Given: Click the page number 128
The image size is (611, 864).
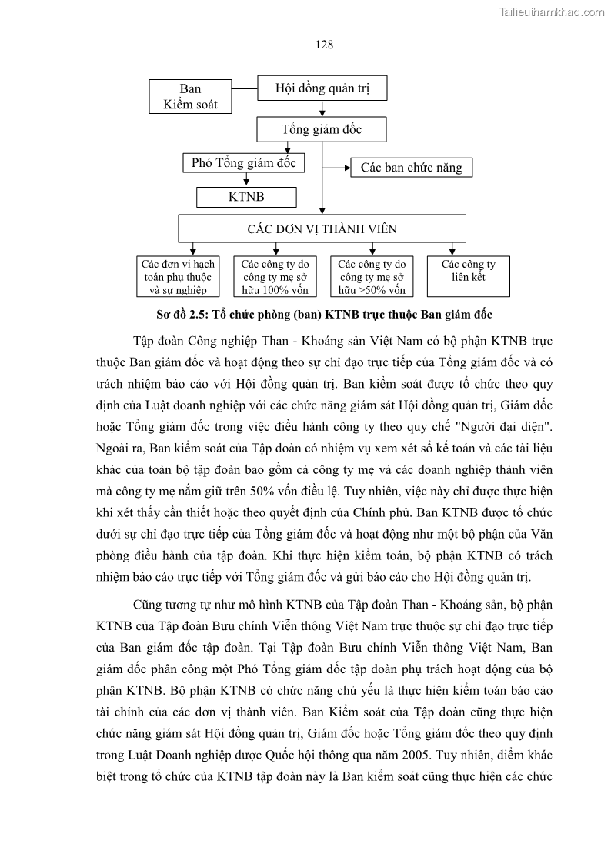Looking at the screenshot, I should [324, 45].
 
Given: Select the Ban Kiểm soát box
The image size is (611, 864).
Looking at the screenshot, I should [190, 96].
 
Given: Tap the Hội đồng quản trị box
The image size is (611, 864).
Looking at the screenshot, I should [322, 88].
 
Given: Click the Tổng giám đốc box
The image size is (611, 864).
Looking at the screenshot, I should [322, 129].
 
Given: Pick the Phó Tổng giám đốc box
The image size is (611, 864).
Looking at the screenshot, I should [244, 163].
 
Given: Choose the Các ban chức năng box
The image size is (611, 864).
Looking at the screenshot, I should [412, 167].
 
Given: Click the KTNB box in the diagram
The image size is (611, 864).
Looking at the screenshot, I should [246, 197].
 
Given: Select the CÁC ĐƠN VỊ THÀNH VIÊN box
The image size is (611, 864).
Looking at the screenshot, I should [322, 229].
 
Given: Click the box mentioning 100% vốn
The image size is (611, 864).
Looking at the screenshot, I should [275, 276].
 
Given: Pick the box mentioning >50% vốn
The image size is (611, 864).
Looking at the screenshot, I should [372, 276].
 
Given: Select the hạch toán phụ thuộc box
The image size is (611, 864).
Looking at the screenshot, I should [178, 276].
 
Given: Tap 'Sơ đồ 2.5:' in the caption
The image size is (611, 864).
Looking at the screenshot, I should [182, 315].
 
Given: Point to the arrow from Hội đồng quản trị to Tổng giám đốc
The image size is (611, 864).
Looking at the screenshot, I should [322, 109].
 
